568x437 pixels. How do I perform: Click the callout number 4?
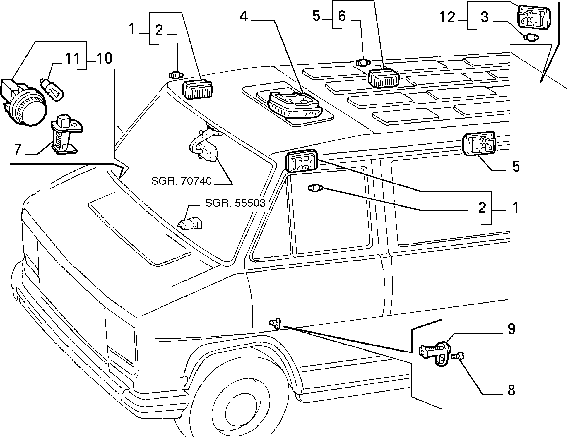click(x=244, y=17)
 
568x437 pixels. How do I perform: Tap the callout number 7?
click(x=18, y=150)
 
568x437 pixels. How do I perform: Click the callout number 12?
click(x=447, y=17)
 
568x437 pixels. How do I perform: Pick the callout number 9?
click(x=511, y=329)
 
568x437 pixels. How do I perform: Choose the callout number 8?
click(x=511, y=390)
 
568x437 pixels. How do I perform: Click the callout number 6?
click(x=342, y=16)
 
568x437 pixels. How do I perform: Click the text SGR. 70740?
click(x=181, y=181)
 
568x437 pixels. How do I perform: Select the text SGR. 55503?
click(x=235, y=203)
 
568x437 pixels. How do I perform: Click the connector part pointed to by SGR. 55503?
click(x=190, y=224)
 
